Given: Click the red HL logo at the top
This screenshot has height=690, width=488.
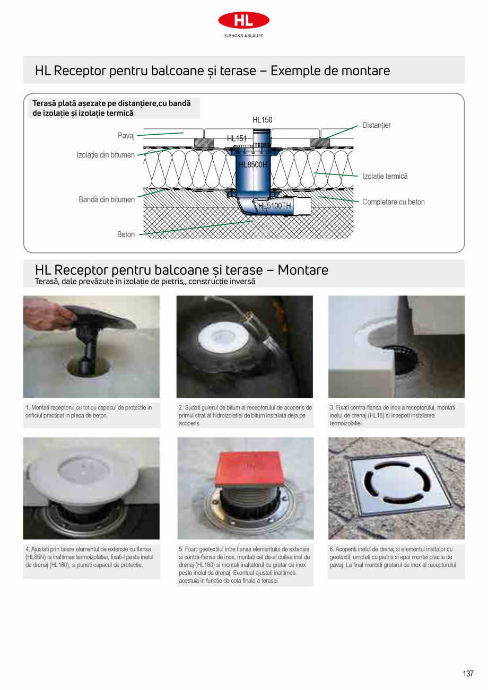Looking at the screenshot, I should tap(243, 20).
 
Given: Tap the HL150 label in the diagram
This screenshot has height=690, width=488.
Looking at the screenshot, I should tap(262, 120).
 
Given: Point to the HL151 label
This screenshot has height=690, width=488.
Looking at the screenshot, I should tap(237, 138).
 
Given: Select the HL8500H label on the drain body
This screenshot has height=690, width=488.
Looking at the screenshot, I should tap(253, 164).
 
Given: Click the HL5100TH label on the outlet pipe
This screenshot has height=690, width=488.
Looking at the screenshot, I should tap(275, 206).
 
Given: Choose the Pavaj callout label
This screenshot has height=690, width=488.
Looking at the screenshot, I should tap(126, 136).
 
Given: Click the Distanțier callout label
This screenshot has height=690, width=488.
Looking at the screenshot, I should tap(376, 125).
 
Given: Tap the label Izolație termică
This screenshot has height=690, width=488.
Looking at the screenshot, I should tap(385, 176).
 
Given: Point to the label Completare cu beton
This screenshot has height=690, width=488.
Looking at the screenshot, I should tap(393, 202).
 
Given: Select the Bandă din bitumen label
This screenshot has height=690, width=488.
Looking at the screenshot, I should tap(107, 199).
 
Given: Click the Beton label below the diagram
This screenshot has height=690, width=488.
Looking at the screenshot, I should tap(126, 234).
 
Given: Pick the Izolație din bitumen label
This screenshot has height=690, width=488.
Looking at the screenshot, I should tap(106, 155).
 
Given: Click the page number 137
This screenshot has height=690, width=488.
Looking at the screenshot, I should tap(467, 674).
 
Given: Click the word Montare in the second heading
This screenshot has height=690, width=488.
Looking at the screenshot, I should tap(303, 270).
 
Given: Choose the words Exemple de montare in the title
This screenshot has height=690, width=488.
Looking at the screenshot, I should tap(330, 71).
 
